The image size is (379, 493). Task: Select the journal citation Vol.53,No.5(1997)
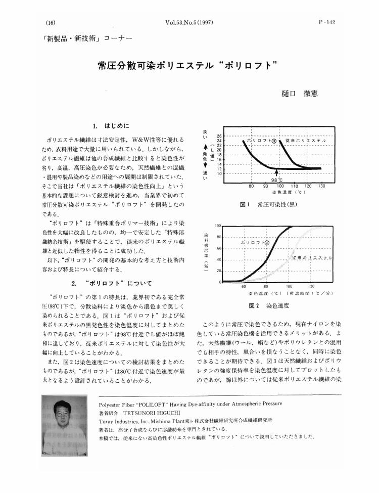click(x=189, y=23)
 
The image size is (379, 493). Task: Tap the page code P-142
click(x=326, y=23)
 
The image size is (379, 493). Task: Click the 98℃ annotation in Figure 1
click(x=277, y=179)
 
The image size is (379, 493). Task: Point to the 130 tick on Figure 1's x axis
click(x=322, y=186)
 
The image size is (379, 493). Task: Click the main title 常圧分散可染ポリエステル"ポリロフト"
click(x=188, y=65)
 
